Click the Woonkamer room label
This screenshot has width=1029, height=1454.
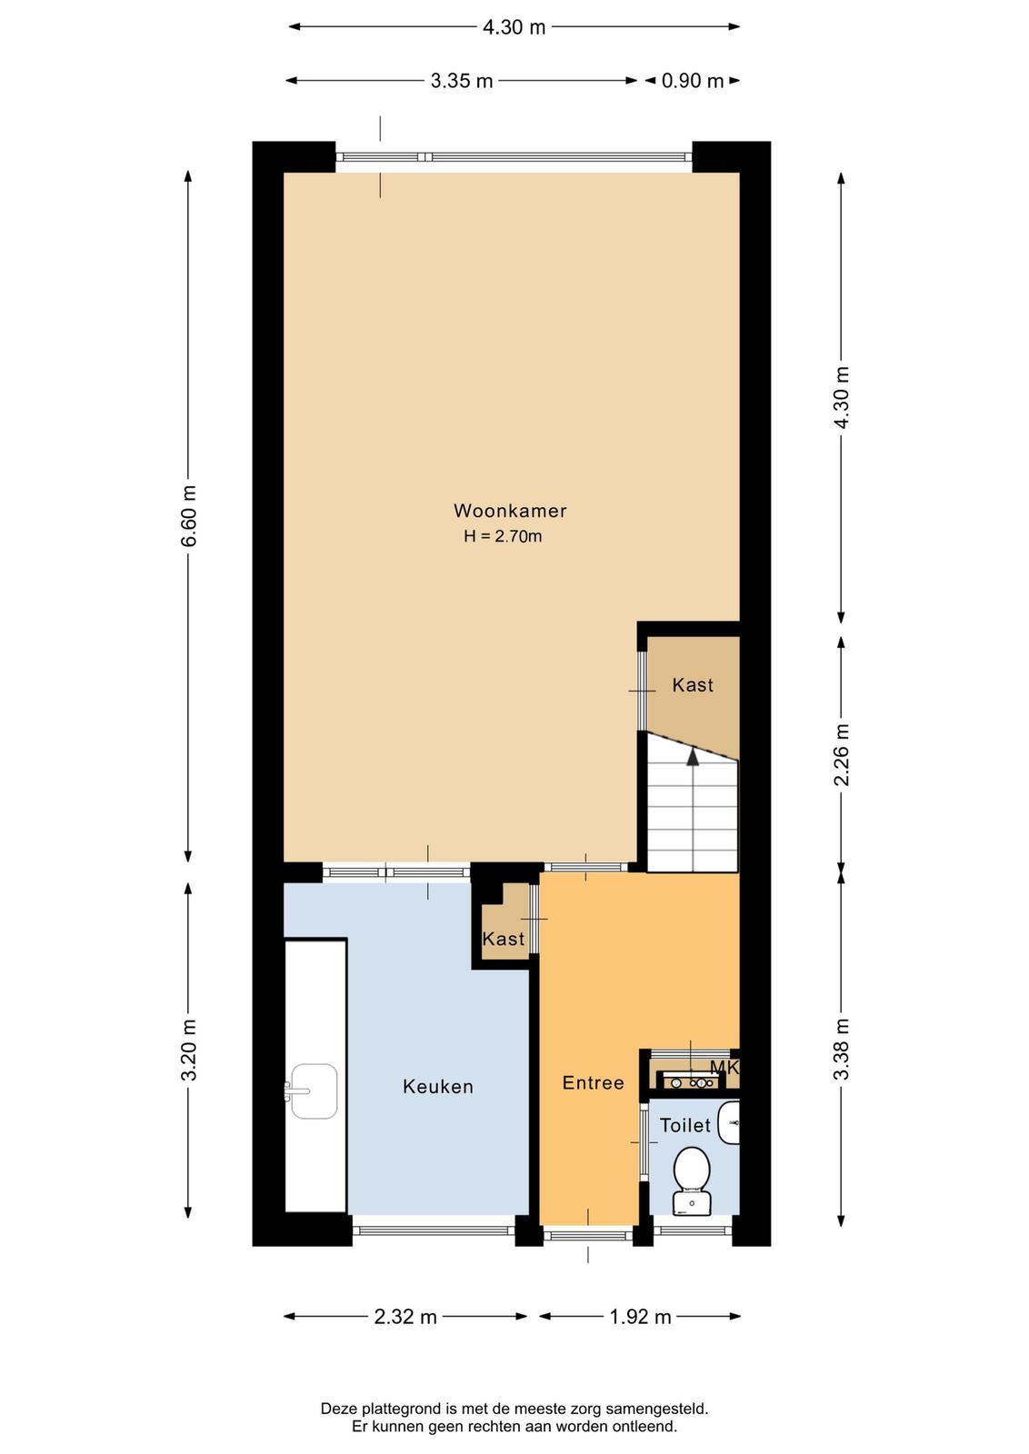point(510,511)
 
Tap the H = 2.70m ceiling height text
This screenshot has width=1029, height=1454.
point(503,536)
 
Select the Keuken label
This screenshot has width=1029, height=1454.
point(437,1087)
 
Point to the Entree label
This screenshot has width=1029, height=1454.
point(593,1082)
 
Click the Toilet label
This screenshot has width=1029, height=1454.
point(684,1125)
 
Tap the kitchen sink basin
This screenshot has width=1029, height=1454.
point(315,1091)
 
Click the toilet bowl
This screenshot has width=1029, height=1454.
point(692,1169)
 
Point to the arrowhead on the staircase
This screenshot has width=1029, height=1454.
point(694,755)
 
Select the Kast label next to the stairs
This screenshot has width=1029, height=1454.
point(693,685)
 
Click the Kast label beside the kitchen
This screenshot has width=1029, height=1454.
point(504,939)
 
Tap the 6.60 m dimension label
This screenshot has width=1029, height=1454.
point(188,516)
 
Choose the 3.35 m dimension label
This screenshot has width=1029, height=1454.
point(462,81)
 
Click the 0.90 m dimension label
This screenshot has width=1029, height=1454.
point(692,81)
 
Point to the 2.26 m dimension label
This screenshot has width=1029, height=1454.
point(842,755)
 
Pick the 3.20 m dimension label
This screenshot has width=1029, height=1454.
point(188,1050)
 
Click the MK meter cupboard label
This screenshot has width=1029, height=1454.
point(724,1068)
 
